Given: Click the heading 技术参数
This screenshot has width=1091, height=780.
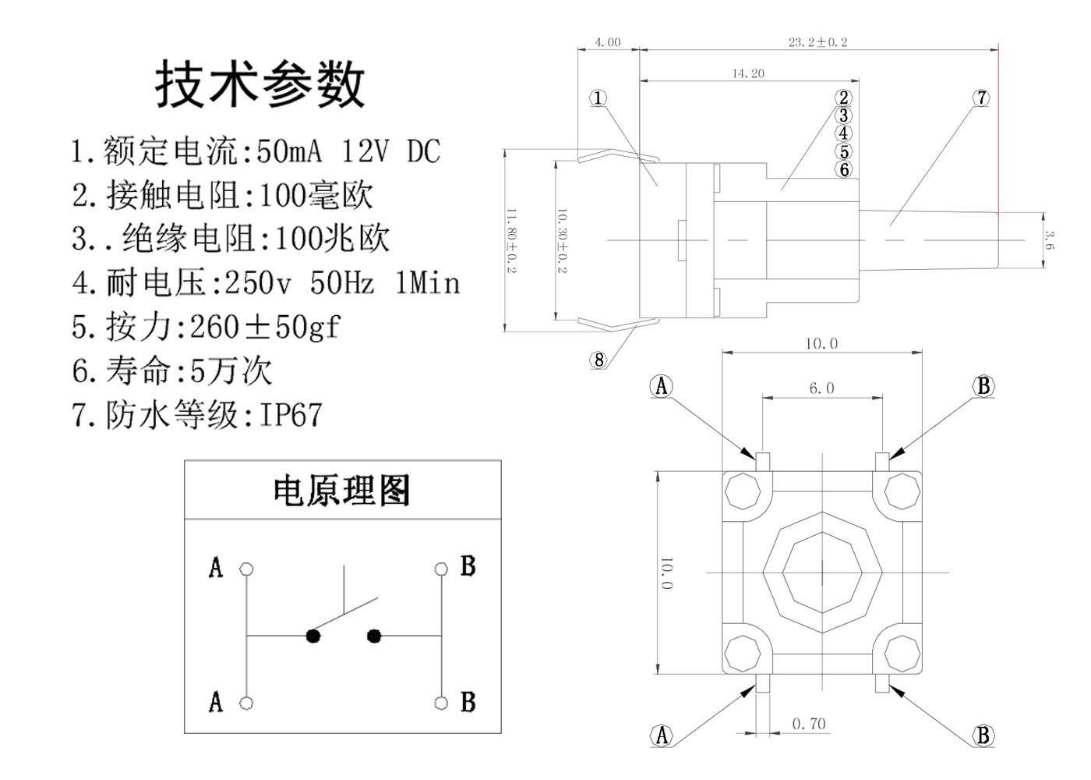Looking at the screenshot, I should coord(260,83).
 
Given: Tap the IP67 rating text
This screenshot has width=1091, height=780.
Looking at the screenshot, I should coord(290,415).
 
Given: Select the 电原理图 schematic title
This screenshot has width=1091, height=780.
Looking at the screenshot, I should coord(341,491).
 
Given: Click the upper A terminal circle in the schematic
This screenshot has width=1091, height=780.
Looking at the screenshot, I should coord(246,569).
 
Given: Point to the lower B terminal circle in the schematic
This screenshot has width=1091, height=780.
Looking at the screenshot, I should coord(442,703).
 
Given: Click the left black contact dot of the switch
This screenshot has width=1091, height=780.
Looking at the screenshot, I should coord(313,636).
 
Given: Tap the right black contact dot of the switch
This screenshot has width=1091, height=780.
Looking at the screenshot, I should coord(374,636).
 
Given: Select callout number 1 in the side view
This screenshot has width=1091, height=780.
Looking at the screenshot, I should coord(598,98).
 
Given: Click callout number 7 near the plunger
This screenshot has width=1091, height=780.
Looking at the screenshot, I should coord(982,98).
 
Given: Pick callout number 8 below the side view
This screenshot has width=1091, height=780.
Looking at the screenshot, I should coord(598,360).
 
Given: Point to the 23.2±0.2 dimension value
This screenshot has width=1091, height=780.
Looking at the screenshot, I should coord(817,42).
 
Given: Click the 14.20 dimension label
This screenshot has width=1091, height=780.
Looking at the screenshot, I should coord(748,73).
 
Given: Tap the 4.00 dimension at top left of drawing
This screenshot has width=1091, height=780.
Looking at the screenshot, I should coord(608,42).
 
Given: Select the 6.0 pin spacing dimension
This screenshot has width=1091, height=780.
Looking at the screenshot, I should coord(821,388).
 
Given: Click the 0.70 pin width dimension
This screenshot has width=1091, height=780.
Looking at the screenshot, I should coord(809,724).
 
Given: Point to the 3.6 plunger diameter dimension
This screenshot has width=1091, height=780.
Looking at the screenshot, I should coord(1050,240).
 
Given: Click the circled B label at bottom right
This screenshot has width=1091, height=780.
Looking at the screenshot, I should coord(983,735).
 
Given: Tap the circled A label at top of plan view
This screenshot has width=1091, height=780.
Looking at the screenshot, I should coord(662,386).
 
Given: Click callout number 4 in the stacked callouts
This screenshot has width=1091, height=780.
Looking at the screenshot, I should coord(844,133).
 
